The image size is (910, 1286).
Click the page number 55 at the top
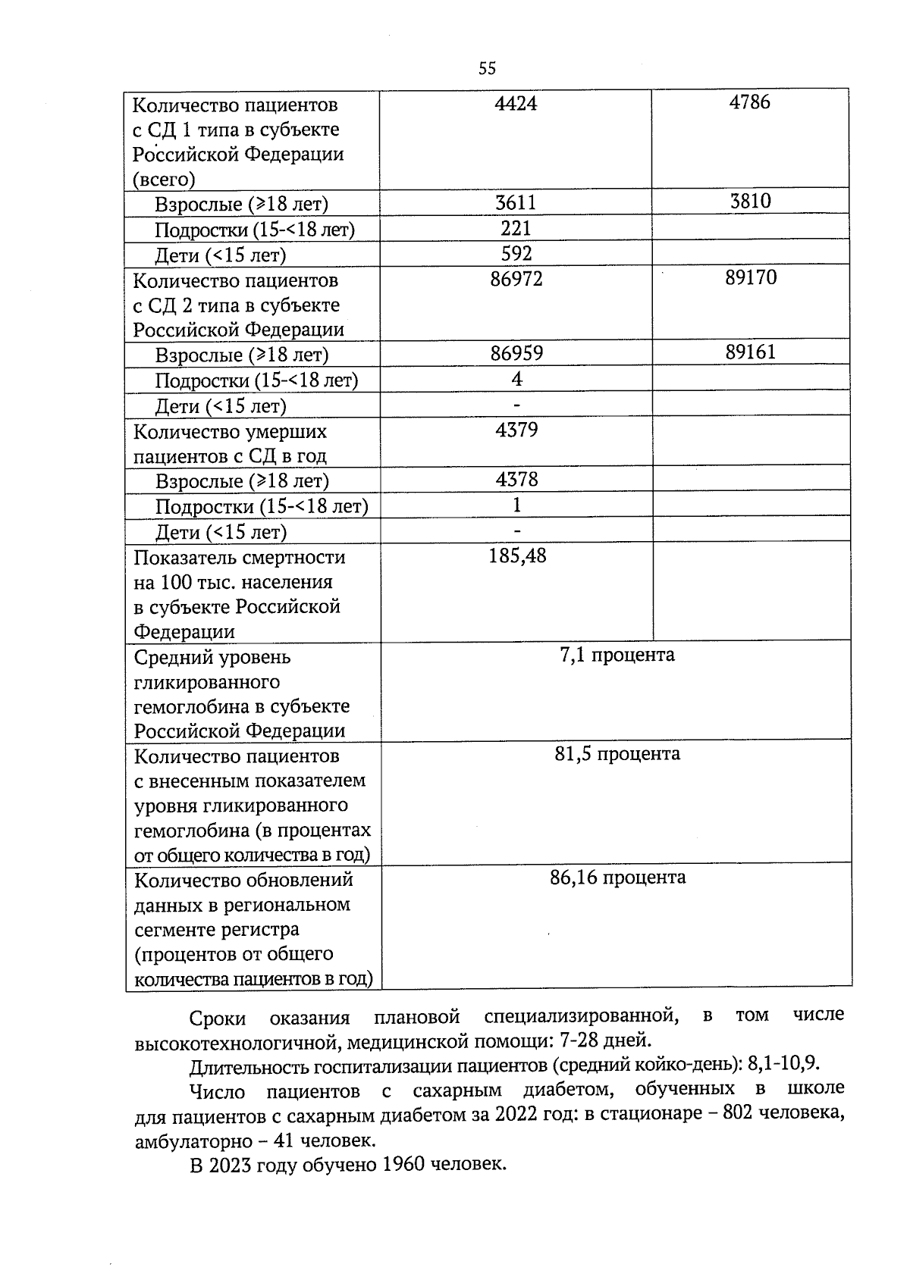pyautogui.click(x=487, y=68)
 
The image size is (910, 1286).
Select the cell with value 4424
pyautogui.click(x=516, y=103)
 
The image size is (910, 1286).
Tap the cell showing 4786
pyautogui.click(x=749, y=102)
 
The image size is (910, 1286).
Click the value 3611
pyautogui.click(x=516, y=202)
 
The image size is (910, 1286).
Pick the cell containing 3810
pyautogui.click(x=750, y=201)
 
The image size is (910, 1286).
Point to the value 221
pyautogui.click(x=516, y=228)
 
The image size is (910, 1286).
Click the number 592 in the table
pyautogui.click(x=516, y=253)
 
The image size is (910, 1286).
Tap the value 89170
pyautogui.click(x=750, y=277)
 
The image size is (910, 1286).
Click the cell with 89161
pyautogui.click(x=750, y=352)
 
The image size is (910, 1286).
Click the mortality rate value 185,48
pyautogui.click(x=517, y=556)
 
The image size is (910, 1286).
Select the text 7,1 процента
pyautogui.click(x=617, y=654)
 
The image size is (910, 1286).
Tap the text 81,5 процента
pyautogui.click(x=617, y=753)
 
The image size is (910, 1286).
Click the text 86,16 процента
pyautogui.click(x=617, y=877)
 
